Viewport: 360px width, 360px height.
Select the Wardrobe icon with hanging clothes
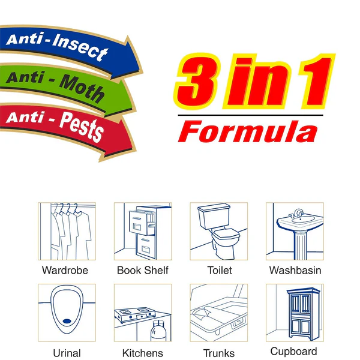(x=67, y=231)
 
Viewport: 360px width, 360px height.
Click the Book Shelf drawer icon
(x=143, y=231)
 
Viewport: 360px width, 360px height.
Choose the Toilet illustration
(x=218, y=231)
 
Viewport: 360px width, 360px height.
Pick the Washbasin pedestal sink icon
(x=295, y=231)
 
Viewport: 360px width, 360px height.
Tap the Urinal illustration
(x=67, y=313)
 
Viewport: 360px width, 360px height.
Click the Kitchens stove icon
(x=143, y=313)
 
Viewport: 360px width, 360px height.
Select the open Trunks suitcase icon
(x=218, y=313)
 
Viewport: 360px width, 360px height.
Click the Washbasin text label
(x=295, y=271)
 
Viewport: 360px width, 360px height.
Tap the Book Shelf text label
(x=143, y=271)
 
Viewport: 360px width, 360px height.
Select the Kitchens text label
(x=143, y=353)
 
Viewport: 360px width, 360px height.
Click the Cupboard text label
(x=293, y=352)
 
